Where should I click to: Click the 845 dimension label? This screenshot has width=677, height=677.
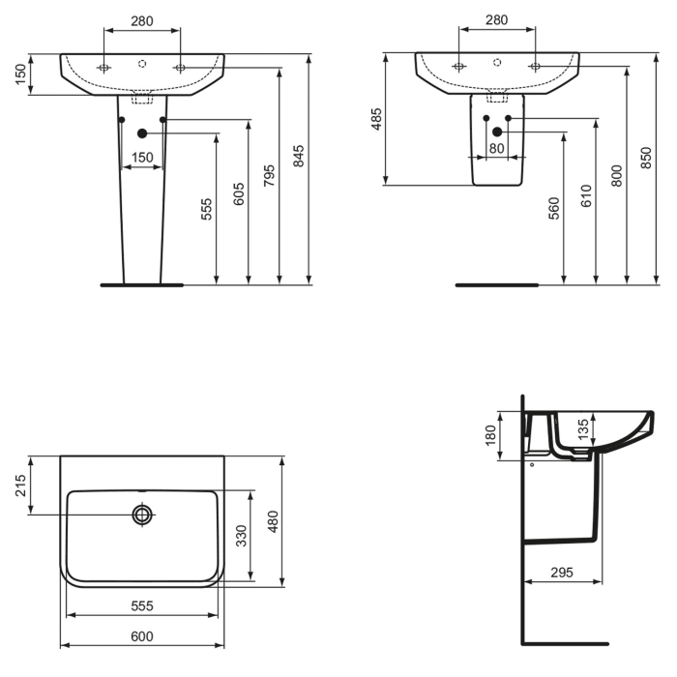pos(299,156)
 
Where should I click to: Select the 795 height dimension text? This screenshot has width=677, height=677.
pos(270,174)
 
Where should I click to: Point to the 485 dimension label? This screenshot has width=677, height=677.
pos(377,119)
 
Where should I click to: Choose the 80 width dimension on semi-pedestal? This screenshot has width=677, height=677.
pos(496,148)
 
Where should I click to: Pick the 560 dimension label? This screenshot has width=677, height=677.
pos(554,209)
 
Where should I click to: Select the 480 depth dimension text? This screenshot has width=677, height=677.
pos(273,521)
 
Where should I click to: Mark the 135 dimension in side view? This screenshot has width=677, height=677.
pos(582,428)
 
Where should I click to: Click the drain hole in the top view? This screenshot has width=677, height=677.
pos(142,515)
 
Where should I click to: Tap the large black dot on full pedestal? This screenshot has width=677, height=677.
pos(142,132)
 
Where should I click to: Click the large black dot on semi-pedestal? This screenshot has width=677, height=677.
pos(497,132)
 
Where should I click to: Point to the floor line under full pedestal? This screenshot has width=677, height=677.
pos(141,285)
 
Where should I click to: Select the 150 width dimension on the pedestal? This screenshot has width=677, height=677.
pos(142,158)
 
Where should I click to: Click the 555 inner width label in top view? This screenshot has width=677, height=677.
pos(141,605)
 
